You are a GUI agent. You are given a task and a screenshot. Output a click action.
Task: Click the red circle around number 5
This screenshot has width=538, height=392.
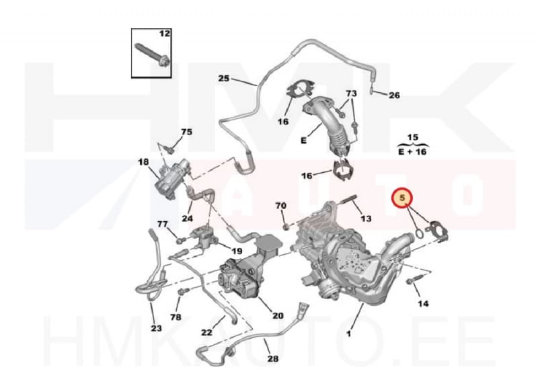(402, 199)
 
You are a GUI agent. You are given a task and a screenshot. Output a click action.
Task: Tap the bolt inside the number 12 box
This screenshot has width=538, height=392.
(152, 54)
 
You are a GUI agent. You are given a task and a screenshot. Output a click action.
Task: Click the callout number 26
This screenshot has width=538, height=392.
(394, 95)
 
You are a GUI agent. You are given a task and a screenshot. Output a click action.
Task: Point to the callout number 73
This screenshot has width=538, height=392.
(350, 93)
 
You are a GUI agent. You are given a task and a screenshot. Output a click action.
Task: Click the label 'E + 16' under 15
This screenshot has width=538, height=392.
(412, 153)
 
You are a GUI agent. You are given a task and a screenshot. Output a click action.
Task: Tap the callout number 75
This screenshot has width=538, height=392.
(186, 132)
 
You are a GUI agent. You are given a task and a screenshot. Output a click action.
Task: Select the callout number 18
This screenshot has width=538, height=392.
(143, 162)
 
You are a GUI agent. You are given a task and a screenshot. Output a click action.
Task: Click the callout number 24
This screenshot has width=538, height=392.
(187, 219)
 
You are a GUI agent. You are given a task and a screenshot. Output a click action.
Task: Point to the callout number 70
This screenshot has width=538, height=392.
(281, 205)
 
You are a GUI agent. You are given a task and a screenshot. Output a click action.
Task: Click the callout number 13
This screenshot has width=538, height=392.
(366, 219)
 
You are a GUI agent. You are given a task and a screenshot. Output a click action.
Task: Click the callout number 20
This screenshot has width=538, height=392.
(278, 315)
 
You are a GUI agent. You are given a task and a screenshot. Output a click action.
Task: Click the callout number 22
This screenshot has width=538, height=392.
(207, 331)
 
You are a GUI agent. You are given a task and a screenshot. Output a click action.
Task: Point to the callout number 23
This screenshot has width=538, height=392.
(156, 329)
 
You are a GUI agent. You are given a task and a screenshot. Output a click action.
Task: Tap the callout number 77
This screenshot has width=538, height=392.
(162, 225)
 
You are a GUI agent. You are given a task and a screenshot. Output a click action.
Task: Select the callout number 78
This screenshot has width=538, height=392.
(176, 316)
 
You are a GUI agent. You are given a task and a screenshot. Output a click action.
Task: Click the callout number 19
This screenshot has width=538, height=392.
(237, 251)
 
